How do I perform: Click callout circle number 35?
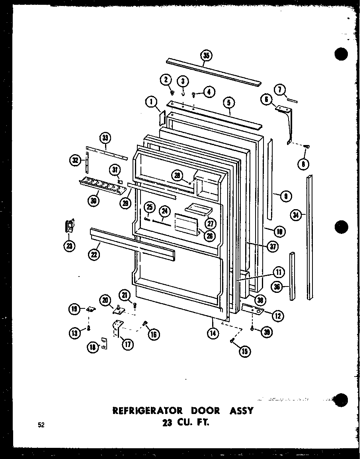coord(206,55)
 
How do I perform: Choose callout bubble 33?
coord(105,138)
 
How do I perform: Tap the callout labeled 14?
coord(213,333)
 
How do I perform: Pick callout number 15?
coord(244,351)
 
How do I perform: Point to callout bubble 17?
coord(127,344)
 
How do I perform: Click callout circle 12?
coord(277,316)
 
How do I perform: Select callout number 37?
coord(273,247)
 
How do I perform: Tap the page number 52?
coord(41,425)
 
